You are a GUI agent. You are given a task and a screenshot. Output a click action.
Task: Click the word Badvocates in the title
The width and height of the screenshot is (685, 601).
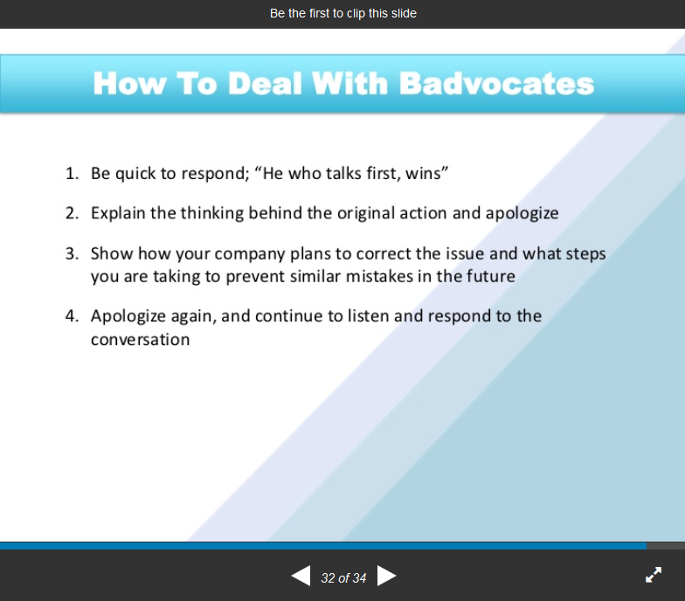point(496,83)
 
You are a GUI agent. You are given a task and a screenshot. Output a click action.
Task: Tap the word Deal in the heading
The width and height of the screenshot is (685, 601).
point(266,83)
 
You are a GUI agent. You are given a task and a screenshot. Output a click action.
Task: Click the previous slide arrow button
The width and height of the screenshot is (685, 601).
point(301,576)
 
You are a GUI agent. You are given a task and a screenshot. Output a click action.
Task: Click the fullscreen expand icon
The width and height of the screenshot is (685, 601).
point(654,575)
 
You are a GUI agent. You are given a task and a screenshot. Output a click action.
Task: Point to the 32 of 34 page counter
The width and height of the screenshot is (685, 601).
point(343,578)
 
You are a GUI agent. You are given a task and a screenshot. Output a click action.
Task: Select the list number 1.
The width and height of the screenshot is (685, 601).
point(72,173)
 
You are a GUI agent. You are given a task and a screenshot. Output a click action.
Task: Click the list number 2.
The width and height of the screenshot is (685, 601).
point(72,213)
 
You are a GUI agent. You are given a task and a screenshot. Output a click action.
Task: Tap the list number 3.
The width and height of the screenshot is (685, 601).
point(72,253)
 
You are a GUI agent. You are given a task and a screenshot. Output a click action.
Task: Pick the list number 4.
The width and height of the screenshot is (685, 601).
point(72,316)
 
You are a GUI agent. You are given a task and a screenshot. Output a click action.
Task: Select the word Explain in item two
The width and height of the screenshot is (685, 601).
point(118,213)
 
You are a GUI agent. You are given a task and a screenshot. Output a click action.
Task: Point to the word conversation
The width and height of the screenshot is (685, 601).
point(140,339)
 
